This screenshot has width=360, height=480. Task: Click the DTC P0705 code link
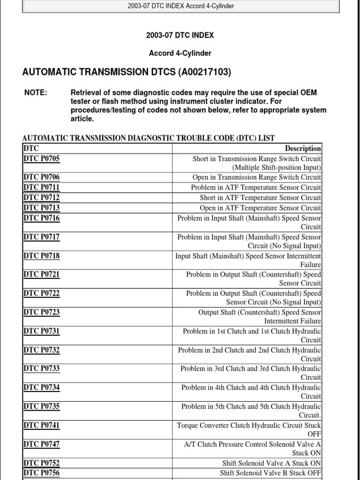pyautogui.click(x=42, y=158)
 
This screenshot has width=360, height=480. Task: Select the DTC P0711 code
pyautogui.click(x=42, y=187)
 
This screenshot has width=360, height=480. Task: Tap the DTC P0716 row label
pyautogui.click(x=42, y=218)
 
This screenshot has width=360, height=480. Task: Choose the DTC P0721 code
pyautogui.click(x=42, y=274)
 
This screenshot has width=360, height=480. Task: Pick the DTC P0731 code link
pyautogui.click(x=42, y=331)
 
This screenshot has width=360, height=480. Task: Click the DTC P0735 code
pyautogui.click(x=42, y=406)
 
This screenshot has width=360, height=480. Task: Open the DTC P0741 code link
pyautogui.click(x=42, y=425)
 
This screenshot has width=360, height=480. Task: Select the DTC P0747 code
pyautogui.click(x=42, y=444)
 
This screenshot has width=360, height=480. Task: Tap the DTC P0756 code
pyautogui.click(x=42, y=473)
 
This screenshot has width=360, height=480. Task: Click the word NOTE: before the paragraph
pyautogui.click(x=36, y=93)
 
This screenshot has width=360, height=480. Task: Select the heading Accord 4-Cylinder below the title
pyautogui.click(x=180, y=53)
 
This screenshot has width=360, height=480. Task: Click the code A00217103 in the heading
pyautogui.click(x=204, y=72)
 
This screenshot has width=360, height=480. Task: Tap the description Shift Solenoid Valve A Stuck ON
pyautogui.click(x=272, y=463)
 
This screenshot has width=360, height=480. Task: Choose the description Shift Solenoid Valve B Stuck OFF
pyautogui.click(x=270, y=473)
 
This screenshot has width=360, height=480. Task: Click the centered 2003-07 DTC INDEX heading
pyautogui.click(x=180, y=35)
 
